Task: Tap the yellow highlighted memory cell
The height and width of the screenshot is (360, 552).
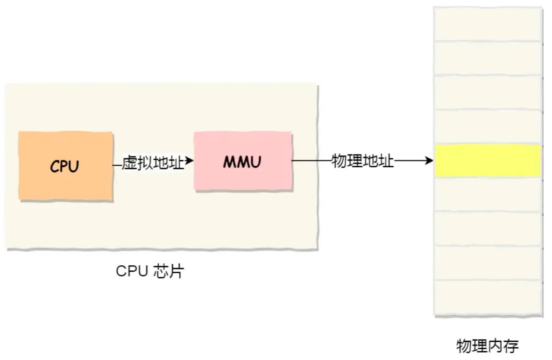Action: click(x=488, y=161)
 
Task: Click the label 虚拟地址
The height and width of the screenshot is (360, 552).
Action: click(x=153, y=162)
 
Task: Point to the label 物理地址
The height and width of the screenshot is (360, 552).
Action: click(x=363, y=162)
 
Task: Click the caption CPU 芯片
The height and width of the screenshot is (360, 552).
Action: click(x=149, y=271)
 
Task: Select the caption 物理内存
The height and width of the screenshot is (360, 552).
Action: click(x=487, y=346)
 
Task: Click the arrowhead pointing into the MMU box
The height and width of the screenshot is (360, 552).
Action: click(x=189, y=161)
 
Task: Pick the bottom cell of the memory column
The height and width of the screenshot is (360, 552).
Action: click(x=488, y=297)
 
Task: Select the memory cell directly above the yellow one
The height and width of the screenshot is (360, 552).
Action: click(x=488, y=127)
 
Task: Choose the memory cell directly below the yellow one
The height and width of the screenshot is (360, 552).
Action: click(x=488, y=194)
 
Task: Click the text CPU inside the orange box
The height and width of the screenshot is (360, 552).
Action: click(x=64, y=166)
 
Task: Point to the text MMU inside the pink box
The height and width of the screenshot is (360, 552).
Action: click(x=242, y=162)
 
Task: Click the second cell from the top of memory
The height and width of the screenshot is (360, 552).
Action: click(x=488, y=58)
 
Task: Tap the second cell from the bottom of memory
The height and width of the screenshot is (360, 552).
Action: click(x=488, y=263)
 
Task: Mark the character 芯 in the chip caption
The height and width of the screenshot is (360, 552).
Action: click(x=160, y=271)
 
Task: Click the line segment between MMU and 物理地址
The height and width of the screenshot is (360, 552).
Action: click(x=311, y=162)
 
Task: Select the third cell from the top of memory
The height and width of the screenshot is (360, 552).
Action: click(x=488, y=92)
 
